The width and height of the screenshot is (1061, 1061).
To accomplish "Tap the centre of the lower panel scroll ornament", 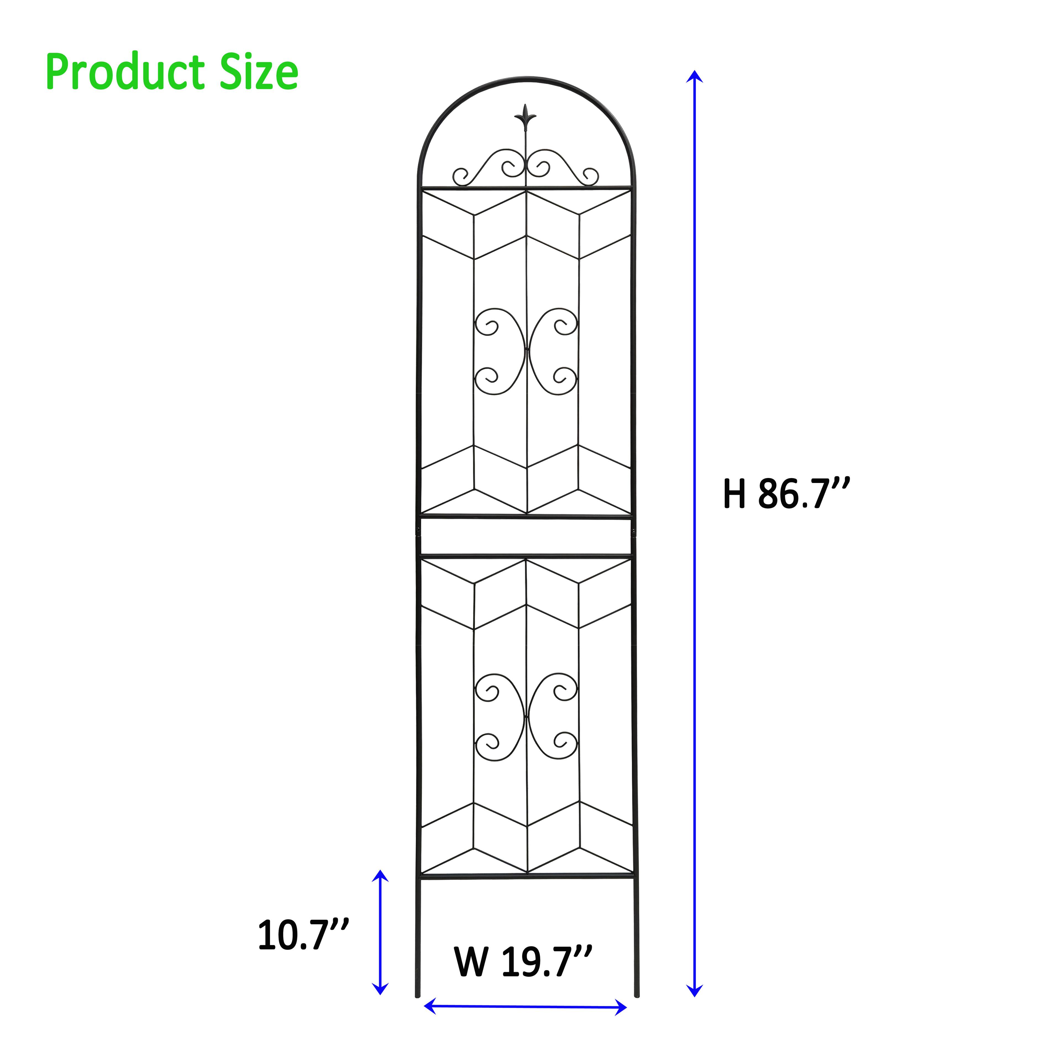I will coord(526,717).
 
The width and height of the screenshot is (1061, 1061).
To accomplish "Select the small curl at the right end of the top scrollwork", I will coord(591,176).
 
